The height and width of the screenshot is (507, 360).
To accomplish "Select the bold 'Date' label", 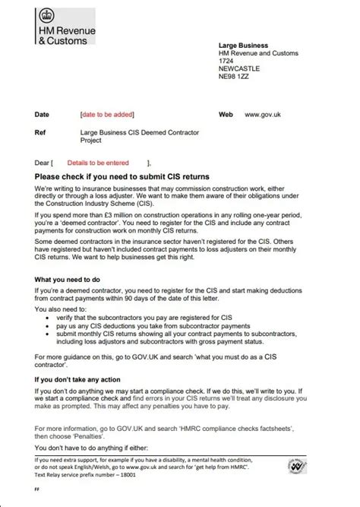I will (42, 114).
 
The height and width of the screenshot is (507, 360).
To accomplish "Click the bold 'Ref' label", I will (40, 132).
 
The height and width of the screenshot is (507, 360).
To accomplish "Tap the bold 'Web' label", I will (226, 114).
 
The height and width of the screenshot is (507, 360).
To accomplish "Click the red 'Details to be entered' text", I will (98, 163).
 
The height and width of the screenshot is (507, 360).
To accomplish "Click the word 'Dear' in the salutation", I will (42, 163).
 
